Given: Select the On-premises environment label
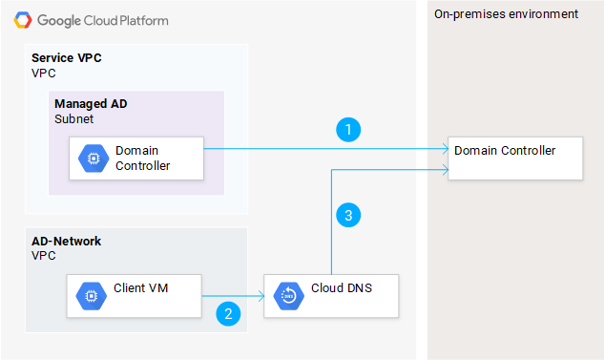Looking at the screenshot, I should (506, 14).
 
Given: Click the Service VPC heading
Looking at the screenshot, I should (66, 58).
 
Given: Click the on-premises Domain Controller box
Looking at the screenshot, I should (515, 158).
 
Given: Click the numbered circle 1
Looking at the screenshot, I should (350, 129).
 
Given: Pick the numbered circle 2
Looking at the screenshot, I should (227, 312).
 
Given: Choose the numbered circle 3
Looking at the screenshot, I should (348, 216).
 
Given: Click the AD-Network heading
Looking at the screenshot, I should (66, 242).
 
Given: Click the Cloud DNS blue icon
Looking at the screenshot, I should (287, 296).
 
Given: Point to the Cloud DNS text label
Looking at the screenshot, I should (341, 287).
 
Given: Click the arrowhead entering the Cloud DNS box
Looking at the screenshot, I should (261, 297).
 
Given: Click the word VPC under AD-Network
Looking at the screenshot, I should (43, 257).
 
